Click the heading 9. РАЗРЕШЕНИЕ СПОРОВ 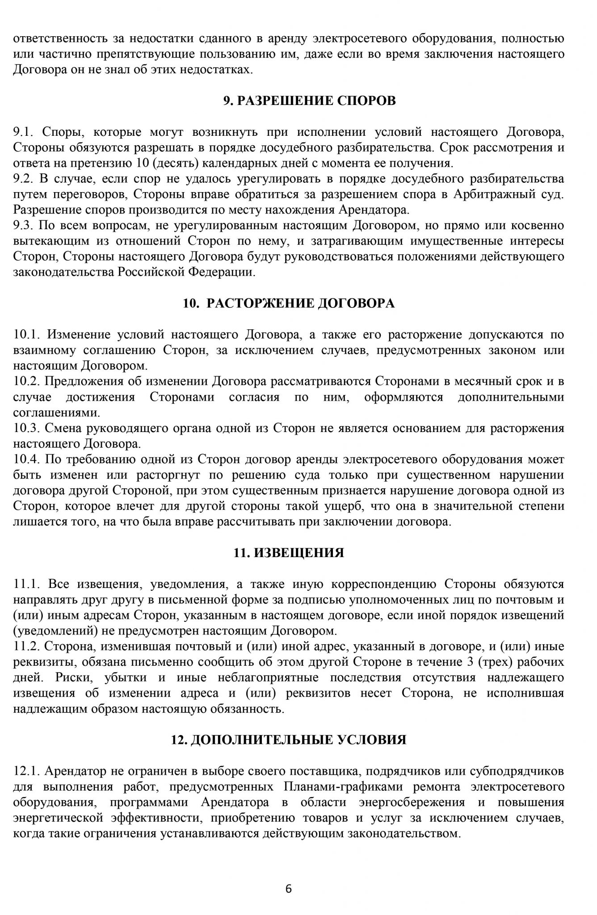(x=309, y=101)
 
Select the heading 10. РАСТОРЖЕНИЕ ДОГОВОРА (x=289, y=303)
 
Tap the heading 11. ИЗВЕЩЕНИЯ (x=289, y=553)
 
